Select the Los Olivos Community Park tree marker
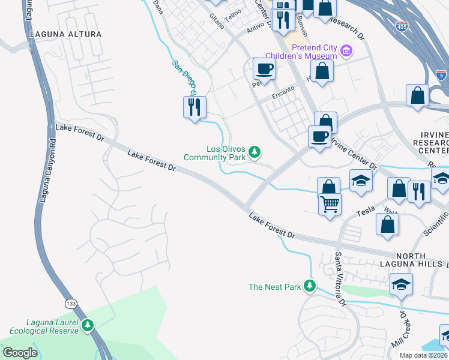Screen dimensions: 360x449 [x=255, y=152]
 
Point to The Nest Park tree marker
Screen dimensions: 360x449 [x=310, y=286]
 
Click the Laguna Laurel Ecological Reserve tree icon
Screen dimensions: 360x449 [x=88, y=326]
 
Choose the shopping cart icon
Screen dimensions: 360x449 [x=330, y=205]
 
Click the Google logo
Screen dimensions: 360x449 [x=19, y=353]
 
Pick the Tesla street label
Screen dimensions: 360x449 [x=365, y=211]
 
